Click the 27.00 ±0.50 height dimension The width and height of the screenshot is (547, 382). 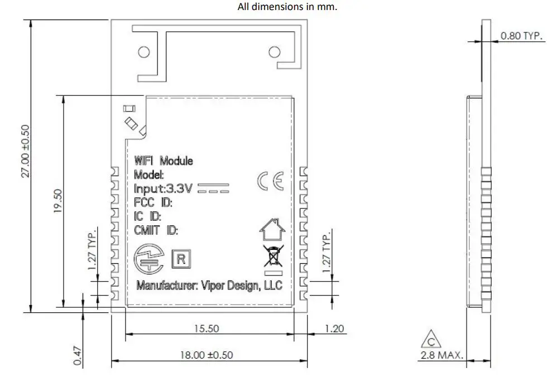click(26, 151)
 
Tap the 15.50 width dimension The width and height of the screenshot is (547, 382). click(207, 328)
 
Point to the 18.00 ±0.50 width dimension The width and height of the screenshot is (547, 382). click(206, 355)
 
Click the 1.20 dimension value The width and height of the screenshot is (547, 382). click(334, 328)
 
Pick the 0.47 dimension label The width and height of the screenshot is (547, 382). click(78, 356)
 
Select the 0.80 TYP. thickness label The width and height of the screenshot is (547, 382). click(521, 36)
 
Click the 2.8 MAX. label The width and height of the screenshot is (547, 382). click(442, 355)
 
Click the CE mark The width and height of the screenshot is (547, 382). click(270, 182)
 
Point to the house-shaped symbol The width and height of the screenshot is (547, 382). click(272, 229)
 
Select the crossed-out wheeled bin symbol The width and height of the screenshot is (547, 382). click(272, 255)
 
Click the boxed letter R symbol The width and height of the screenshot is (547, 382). click(181, 259)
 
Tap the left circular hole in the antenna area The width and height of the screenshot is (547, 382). click(144, 52)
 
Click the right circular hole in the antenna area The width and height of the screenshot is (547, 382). click(274, 52)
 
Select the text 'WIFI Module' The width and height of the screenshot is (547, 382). click(164, 161)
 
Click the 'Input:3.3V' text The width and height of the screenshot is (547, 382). click(163, 188)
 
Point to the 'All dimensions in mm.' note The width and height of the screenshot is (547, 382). click(287, 7)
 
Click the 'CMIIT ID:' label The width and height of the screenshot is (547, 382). click(156, 229)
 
